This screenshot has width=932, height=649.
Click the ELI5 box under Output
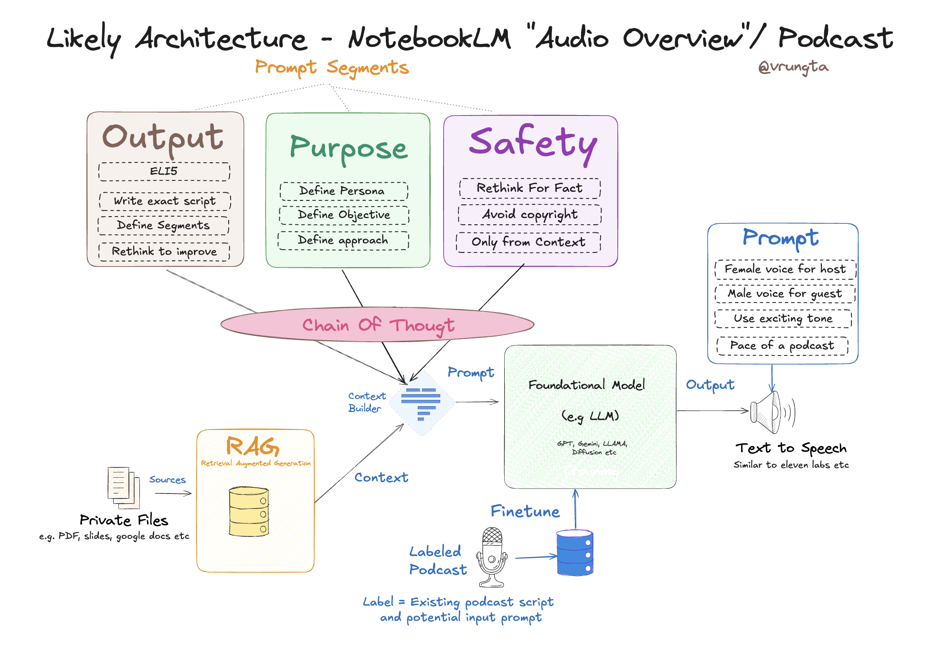tap(164, 171)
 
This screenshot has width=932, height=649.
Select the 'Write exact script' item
tap(165, 201)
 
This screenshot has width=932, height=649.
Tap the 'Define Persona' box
tap(343, 191)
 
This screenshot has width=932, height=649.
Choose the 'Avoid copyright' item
tap(530, 215)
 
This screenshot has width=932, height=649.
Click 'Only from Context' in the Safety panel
tap(528, 242)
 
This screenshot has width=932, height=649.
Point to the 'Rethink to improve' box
tap(164, 251)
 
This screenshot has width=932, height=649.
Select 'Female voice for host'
tap(785, 269)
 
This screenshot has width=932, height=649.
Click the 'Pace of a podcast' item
tap(782, 345)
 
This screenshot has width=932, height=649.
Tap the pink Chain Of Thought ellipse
tap(377, 324)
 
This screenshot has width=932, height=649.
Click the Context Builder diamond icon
tap(421, 403)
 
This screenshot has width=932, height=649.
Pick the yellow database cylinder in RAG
tap(249, 511)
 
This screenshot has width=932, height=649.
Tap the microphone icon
tap(492, 556)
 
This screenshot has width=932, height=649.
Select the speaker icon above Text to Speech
tap(771, 412)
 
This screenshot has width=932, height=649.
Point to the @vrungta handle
tap(793, 67)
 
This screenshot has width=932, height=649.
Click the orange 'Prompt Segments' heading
tap(332, 68)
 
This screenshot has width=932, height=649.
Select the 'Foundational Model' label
tap(586, 385)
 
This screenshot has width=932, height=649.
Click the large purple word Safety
tap(533, 142)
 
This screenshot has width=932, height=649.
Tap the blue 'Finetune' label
tap(525, 512)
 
